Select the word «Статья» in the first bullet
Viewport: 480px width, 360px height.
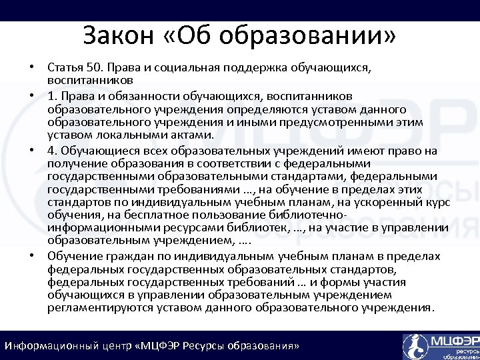click(x=65, y=67)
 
